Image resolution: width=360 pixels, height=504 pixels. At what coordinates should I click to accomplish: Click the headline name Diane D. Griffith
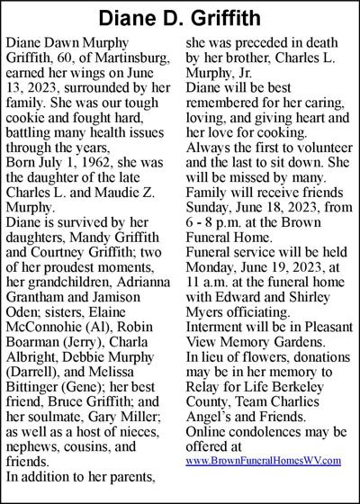pyautogui.click(x=180, y=18)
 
